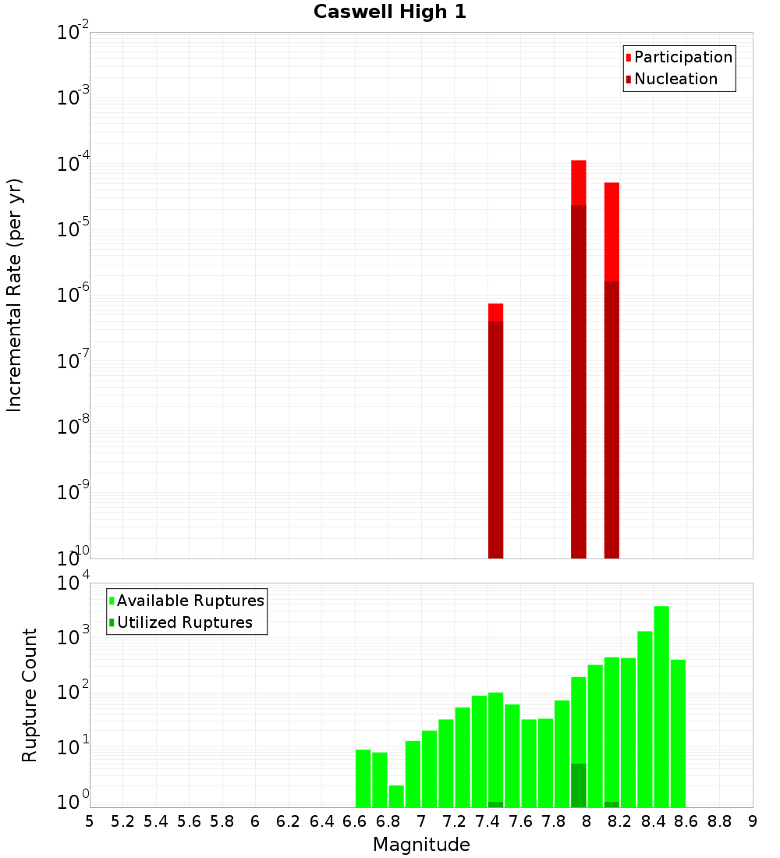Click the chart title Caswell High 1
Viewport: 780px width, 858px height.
tap(390, 12)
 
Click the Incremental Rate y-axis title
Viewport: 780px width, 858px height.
tap(15, 296)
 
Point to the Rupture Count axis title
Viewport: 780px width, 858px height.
tap(30, 695)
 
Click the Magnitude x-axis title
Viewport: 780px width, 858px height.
tap(421, 845)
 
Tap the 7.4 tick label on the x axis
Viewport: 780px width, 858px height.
tap(487, 821)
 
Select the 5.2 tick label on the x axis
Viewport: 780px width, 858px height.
tap(123, 821)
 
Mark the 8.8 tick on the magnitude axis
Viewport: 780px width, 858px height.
tap(719, 821)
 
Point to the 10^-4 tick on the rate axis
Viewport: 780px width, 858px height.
tap(73, 165)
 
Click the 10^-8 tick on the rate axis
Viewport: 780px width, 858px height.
tap(73, 427)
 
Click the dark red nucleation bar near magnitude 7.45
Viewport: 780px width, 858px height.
tap(496, 437)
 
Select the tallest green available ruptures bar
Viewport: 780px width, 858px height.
tap(661, 702)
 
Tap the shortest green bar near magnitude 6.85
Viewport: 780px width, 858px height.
tap(396, 796)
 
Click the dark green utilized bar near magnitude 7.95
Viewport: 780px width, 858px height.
tap(579, 786)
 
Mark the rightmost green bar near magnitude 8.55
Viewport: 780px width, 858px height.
tap(678, 733)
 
